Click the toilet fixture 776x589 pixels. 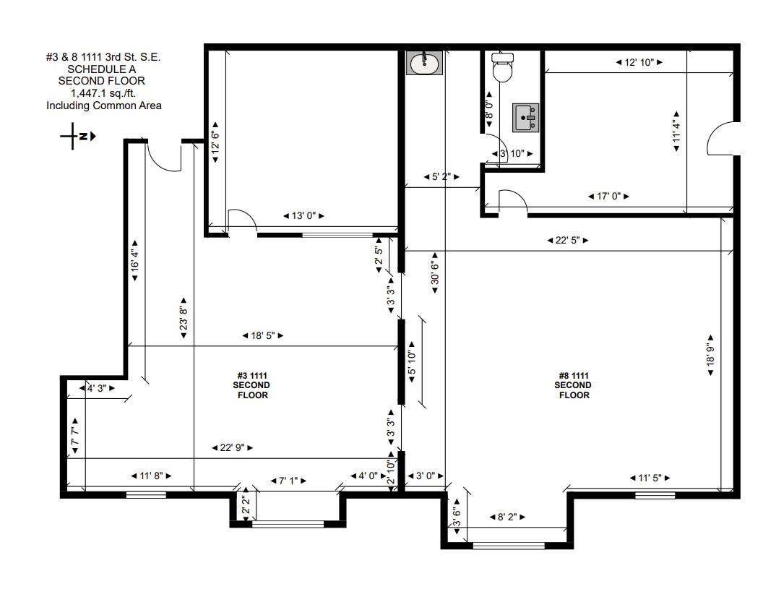501,69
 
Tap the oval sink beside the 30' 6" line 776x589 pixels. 425,64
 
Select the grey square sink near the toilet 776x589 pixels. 526,117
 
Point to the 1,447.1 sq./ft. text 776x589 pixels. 103,93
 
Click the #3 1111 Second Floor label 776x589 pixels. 253,385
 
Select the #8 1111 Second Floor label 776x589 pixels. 573,385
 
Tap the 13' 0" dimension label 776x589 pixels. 302,216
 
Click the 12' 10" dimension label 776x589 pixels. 639,63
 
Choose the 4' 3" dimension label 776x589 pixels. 97,388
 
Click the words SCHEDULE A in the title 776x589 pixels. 103,69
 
